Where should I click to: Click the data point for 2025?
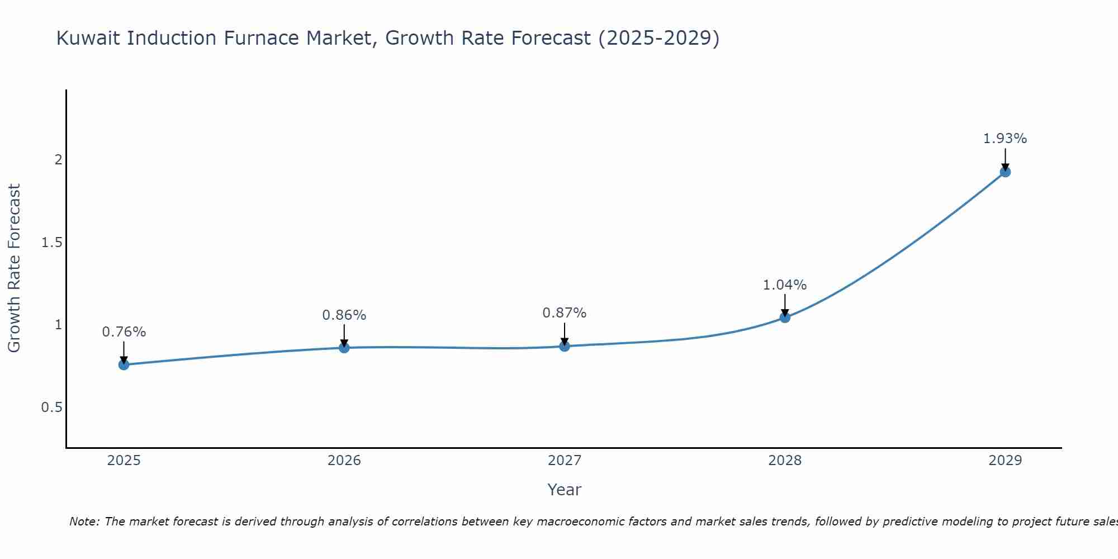click(x=124, y=364)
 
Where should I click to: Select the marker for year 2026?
click(x=344, y=348)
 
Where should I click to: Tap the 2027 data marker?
click(x=564, y=346)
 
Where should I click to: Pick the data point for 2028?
click(x=784, y=318)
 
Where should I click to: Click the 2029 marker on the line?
click(x=1005, y=172)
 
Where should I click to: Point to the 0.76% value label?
click(x=124, y=332)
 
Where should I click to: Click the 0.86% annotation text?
click(x=344, y=315)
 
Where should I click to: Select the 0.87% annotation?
click(x=564, y=313)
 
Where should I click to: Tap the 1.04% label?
click(x=784, y=285)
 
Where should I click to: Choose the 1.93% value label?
click(x=1005, y=139)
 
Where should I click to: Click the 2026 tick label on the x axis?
click(x=344, y=461)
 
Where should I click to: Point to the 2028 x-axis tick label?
click(x=784, y=461)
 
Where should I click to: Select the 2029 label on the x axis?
click(x=1005, y=461)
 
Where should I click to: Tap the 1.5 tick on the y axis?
click(x=51, y=242)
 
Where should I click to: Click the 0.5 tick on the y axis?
click(x=51, y=408)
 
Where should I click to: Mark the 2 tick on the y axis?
click(x=58, y=160)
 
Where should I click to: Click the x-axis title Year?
click(x=564, y=490)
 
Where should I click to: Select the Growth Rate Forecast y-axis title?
click(x=15, y=268)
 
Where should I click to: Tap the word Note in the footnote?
click(x=84, y=522)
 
